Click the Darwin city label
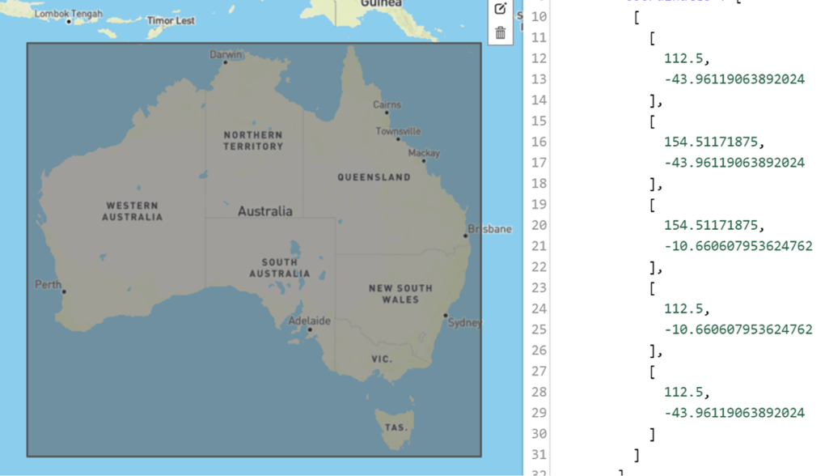point(226,54)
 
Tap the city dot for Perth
point(64,292)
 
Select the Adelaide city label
point(310,321)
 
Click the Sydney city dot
point(445,316)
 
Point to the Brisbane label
point(489,229)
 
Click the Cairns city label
point(387,104)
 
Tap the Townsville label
point(398,131)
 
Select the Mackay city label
point(424,153)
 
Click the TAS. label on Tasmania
point(396,427)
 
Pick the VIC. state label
point(382,359)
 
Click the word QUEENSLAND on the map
point(374,176)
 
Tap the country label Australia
point(265,211)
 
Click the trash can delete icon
point(501,33)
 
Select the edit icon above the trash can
point(501,9)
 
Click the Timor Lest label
point(171,20)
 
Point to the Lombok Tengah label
point(69,14)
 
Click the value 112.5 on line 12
point(684,58)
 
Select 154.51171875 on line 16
point(712,142)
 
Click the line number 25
point(539,329)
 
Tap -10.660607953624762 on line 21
point(738,246)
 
